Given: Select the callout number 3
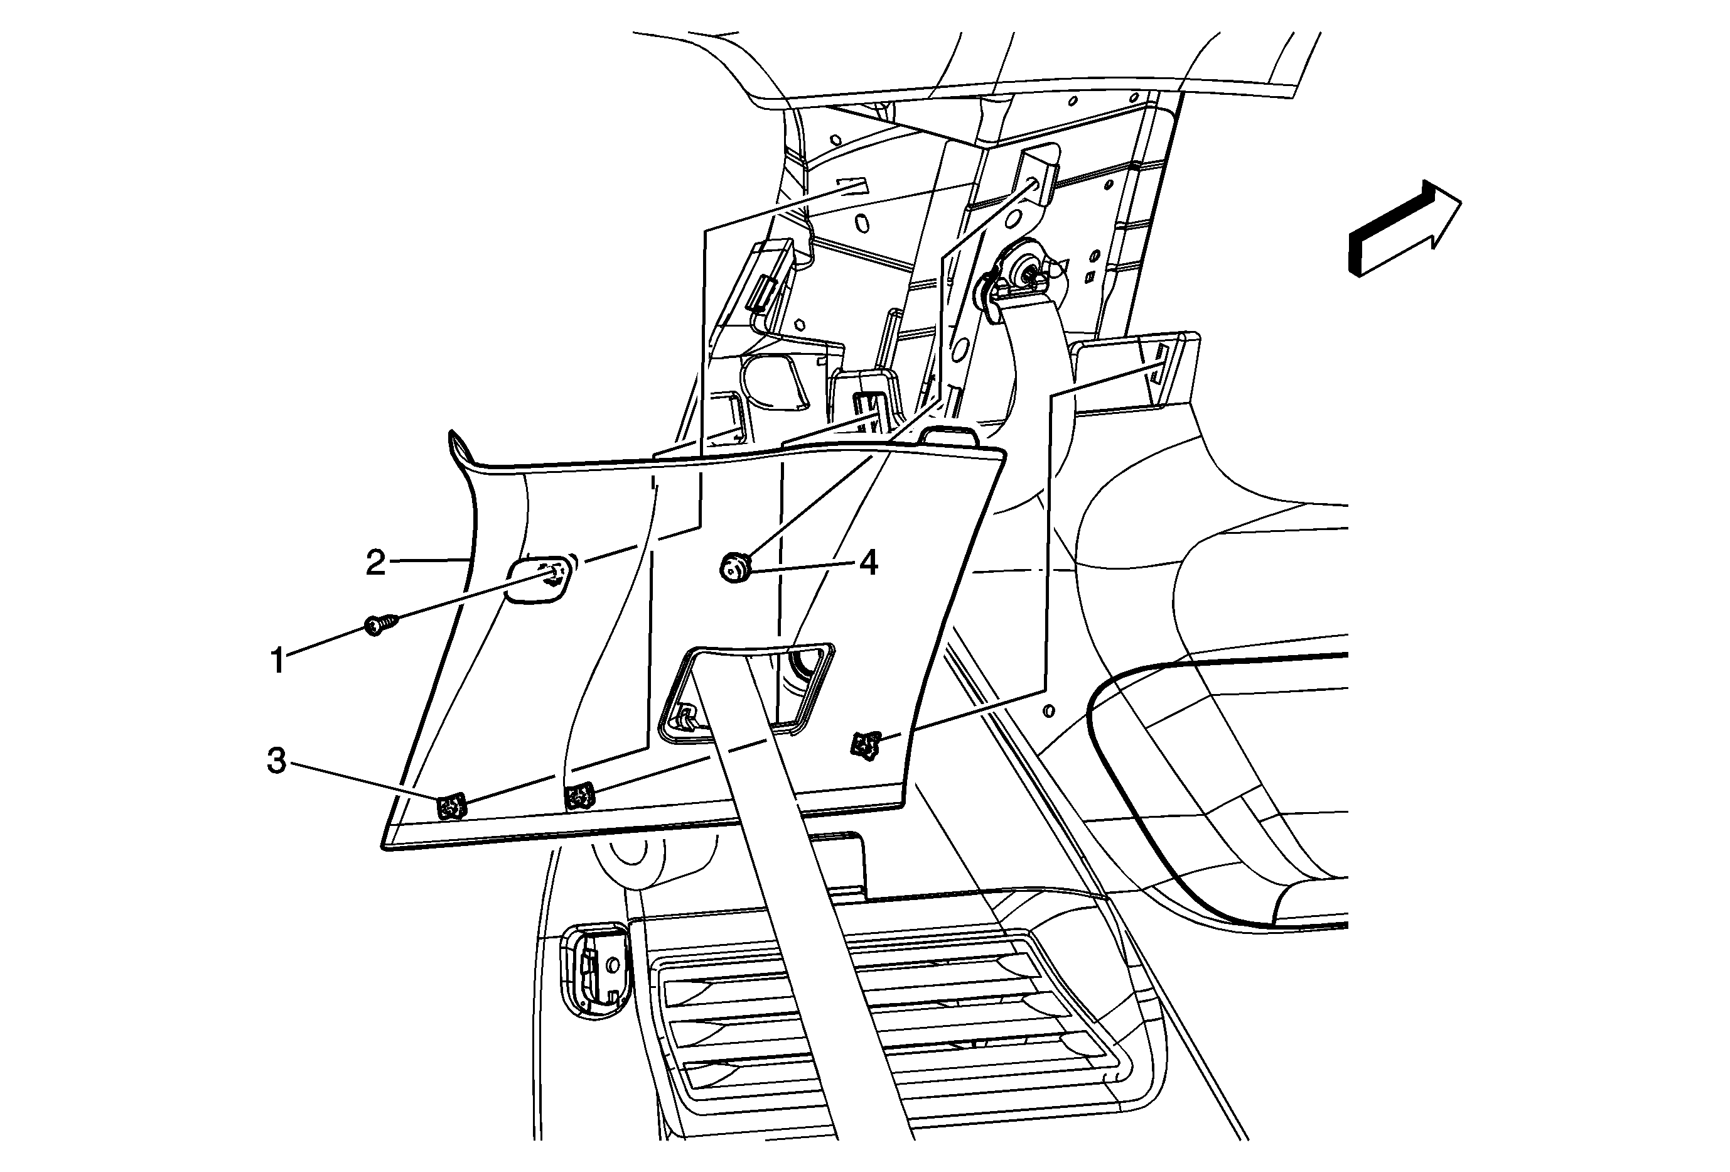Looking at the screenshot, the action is click(x=277, y=761).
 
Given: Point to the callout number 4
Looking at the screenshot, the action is click(x=868, y=563).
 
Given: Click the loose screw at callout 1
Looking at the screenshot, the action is click(x=380, y=625).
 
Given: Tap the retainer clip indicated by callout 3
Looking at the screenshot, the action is click(x=451, y=806).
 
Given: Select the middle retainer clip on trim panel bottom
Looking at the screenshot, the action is click(x=579, y=797).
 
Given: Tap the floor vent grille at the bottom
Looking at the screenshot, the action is click(x=886, y=1032).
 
